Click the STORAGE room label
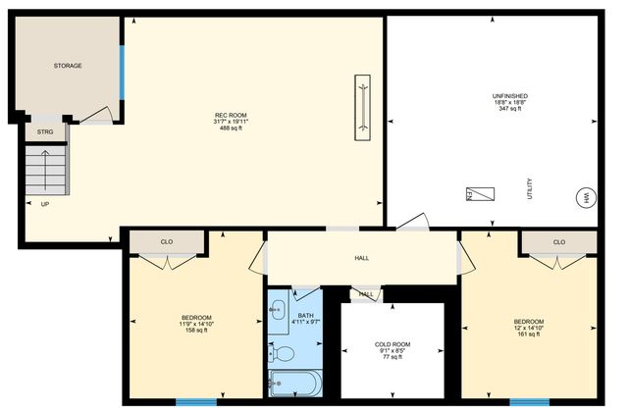coord(67,66)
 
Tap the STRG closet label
coord(45,130)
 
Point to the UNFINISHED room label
coord(510,95)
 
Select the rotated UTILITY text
coord(530,188)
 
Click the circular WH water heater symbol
coord(587,196)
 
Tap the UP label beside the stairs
coord(45,204)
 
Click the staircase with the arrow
coord(46,172)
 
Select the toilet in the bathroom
coord(285,352)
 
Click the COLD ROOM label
coord(392,344)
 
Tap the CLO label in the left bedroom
coord(167,241)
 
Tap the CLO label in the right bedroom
coord(558,241)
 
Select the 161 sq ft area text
coord(528,334)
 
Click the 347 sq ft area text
coord(510,108)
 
